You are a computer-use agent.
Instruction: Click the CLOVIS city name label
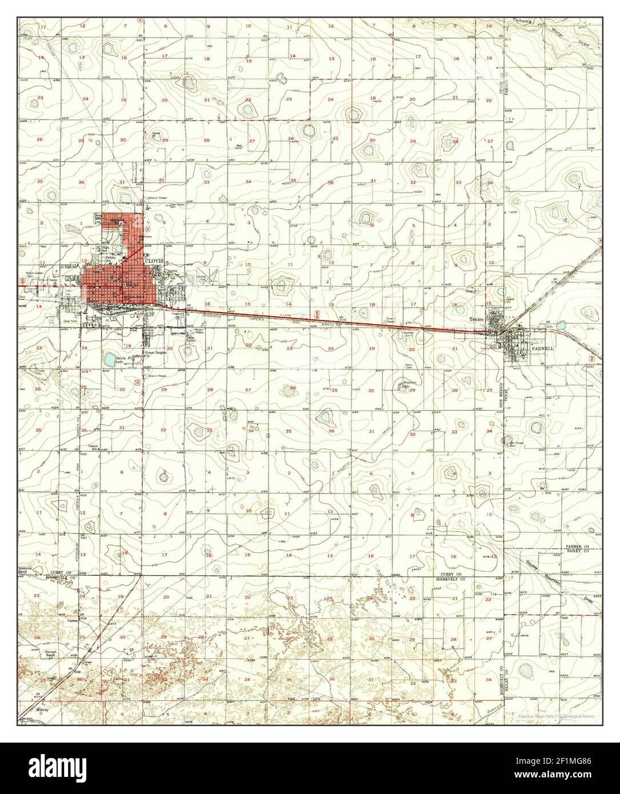coord(154,260)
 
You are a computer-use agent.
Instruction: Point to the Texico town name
coord(476,319)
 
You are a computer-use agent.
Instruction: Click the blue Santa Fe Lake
coord(109,359)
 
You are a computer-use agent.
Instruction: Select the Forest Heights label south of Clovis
coord(155,353)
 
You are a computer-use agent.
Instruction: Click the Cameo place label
coord(72,620)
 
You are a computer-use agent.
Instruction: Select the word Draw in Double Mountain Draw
coord(589,600)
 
